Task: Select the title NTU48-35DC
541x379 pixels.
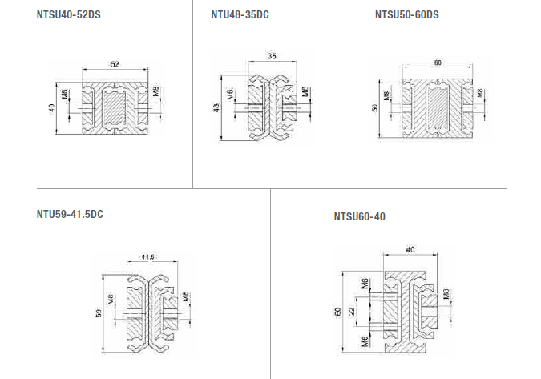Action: coord(240,14)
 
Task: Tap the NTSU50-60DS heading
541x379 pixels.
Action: coord(407,14)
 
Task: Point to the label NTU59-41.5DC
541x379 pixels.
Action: coord(70,214)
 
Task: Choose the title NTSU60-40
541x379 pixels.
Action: coord(359,216)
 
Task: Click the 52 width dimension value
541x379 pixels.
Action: coord(115,63)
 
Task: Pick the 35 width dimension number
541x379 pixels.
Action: coord(273,56)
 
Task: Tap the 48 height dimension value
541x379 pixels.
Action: coord(216,107)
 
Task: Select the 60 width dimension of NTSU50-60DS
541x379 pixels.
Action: coord(437,62)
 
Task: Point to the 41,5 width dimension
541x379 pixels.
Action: coord(147,256)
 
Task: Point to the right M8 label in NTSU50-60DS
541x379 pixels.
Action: coord(480,95)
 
